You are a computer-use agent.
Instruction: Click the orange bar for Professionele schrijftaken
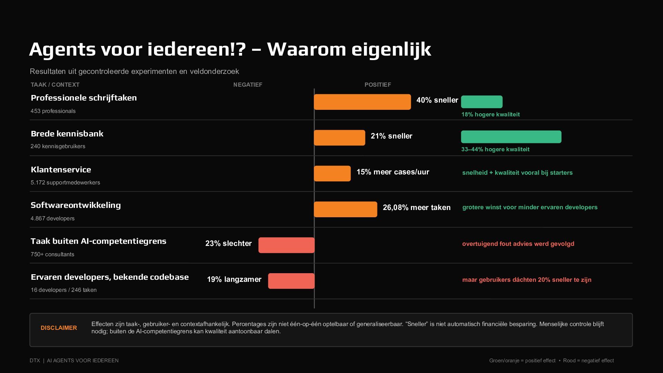point(362,102)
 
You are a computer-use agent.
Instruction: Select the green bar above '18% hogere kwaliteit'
point(482,102)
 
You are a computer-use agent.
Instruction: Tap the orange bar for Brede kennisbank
point(339,138)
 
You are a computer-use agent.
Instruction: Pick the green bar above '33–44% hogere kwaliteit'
point(511,137)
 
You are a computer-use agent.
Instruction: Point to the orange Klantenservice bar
point(332,173)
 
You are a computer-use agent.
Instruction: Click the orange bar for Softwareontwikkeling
point(345,209)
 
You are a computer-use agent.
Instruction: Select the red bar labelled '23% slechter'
point(287,245)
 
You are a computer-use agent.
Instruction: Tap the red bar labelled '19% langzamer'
point(291,281)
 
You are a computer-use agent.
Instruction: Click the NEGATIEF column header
point(248,85)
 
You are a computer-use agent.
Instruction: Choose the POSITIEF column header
point(378,85)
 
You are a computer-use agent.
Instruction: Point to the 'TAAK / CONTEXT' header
point(55,85)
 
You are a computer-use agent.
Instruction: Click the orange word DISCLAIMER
point(59,328)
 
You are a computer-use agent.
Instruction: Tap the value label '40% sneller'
point(437,100)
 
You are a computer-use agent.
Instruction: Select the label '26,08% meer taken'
point(416,208)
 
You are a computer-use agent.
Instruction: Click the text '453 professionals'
point(53,111)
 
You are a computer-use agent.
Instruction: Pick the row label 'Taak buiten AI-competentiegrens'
point(98,241)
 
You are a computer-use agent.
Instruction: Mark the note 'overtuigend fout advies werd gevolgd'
point(518,244)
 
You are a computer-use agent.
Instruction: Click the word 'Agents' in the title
point(62,49)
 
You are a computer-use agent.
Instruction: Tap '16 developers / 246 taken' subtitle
point(64,290)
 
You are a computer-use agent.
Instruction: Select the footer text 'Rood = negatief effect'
point(588,361)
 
